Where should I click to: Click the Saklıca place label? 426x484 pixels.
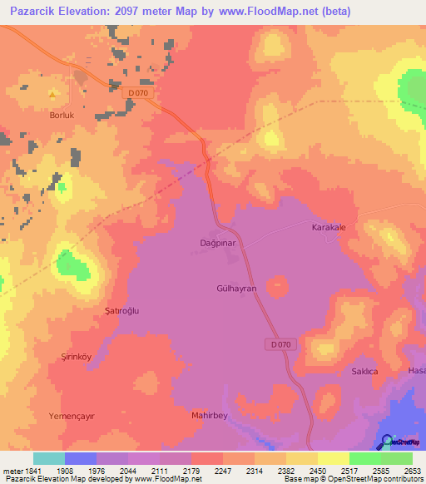(364, 372)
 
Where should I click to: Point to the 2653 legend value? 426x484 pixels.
(413, 471)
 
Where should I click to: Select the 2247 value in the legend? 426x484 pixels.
(222, 471)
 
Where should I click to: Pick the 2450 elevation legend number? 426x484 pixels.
(318, 471)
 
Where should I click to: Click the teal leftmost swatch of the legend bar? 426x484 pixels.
(48, 458)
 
